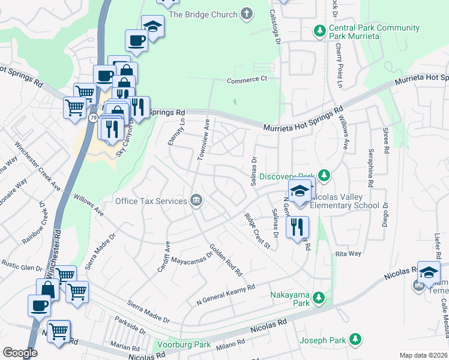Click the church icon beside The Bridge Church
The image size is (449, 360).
[x=246, y=14]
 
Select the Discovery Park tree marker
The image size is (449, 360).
[x=324, y=176]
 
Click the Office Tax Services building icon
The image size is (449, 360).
[x=196, y=201]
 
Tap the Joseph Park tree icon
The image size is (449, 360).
[x=355, y=340]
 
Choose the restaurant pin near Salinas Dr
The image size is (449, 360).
[x=298, y=227]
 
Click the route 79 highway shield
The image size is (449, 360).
[x=93, y=118]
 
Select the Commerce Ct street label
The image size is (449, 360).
[x=247, y=79]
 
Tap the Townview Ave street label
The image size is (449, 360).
[x=203, y=140]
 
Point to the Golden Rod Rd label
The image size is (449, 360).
[x=225, y=260]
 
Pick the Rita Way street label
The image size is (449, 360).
[x=348, y=254]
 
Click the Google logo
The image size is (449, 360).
[x=20, y=353]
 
